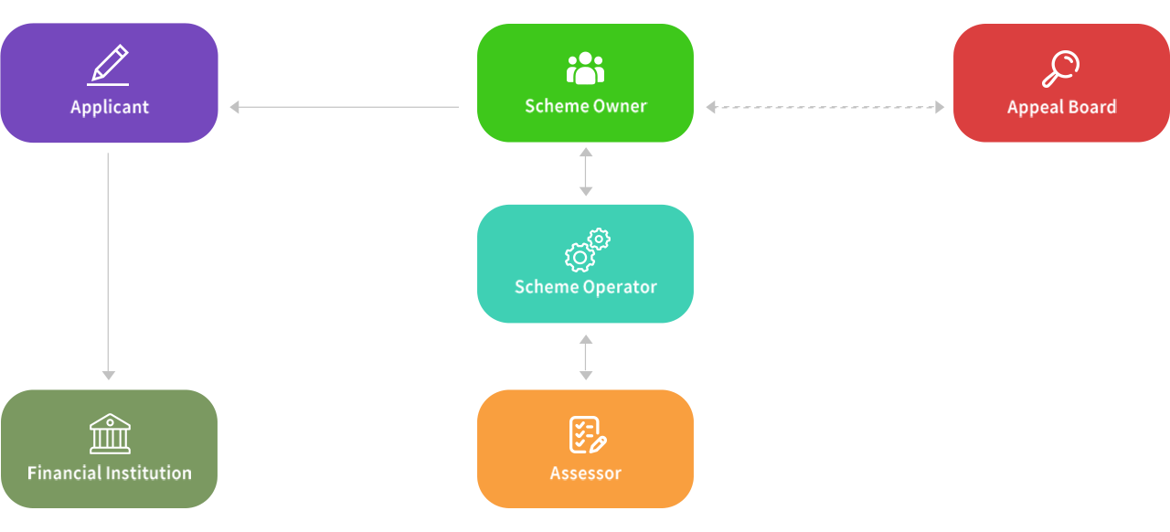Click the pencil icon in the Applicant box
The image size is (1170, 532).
tap(108, 65)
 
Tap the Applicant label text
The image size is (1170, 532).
tap(110, 107)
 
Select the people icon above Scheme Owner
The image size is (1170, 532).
tap(585, 69)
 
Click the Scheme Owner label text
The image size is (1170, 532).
tap(585, 106)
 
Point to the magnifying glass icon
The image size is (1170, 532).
tap(1060, 69)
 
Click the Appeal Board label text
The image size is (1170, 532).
tap(1061, 107)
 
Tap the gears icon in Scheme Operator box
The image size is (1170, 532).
tap(587, 250)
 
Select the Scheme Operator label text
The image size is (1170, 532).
tap(585, 287)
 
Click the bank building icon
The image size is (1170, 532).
tap(110, 433)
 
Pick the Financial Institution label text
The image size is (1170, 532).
tap(110, 473)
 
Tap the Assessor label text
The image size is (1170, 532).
tap(585, 473)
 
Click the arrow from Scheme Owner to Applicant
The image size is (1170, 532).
tap(353, 107)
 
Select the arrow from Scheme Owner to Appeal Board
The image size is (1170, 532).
tap(819, 107)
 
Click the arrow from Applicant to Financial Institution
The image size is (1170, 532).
tap(108, 265)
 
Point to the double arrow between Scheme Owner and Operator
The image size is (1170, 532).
tap(586, 173)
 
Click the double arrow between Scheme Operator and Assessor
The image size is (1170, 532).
tap(586, 357)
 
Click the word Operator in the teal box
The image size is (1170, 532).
tap(621, 287)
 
